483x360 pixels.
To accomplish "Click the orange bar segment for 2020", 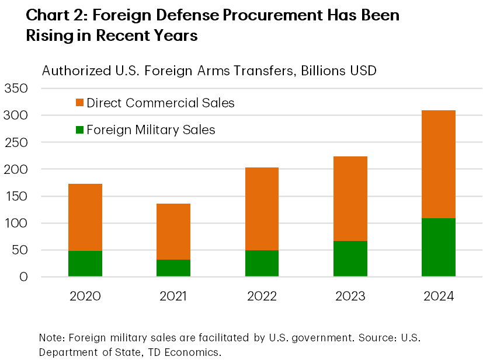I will (85, 217).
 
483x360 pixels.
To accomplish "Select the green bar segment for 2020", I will (85, 264).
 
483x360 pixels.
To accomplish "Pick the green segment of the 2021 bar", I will (173, 268).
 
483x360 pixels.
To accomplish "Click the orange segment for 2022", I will (262, 209).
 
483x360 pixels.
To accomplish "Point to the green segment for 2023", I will (350, 259).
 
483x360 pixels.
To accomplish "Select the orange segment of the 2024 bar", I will (438, 165).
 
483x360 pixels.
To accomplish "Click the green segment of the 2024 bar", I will (438, 247).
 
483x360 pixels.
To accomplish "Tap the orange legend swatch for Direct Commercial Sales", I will (80, 103).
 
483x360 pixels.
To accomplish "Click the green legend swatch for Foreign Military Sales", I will (80, 130).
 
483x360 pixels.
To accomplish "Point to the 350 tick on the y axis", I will (16, 89).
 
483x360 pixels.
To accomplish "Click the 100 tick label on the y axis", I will (16, 223).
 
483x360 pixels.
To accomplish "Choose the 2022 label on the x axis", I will (262, 296).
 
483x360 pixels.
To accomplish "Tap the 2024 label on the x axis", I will (438, 296).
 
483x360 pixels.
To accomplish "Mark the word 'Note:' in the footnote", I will (52, 338).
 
